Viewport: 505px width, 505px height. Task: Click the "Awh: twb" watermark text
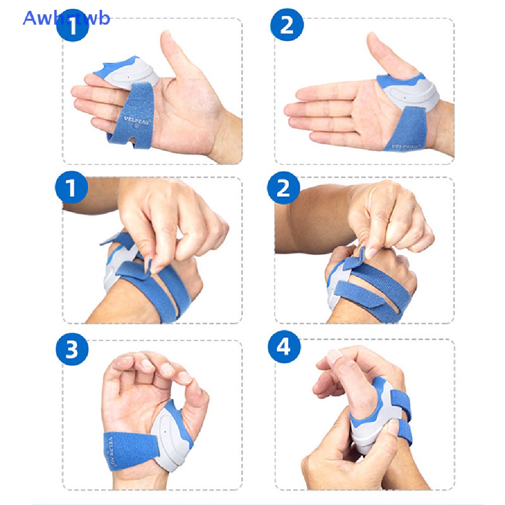pos(66,18)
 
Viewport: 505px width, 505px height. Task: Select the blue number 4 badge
pos(284,348)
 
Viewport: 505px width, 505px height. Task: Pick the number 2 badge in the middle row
pos(284,188)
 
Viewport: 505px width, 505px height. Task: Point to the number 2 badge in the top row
pos(286,24)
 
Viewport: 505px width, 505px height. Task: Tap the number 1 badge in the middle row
pos(72,188)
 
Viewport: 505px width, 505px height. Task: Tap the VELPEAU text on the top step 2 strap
pos(405,145)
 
